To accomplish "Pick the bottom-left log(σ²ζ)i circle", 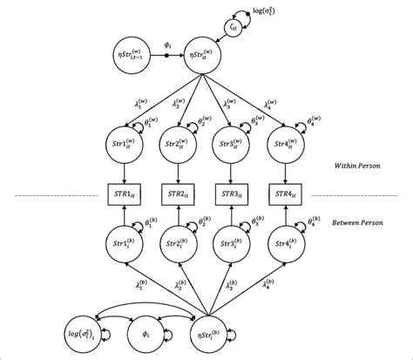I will pos(81,333).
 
